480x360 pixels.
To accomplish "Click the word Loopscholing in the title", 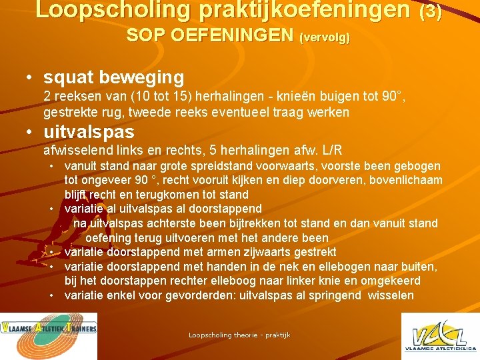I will [100, 9].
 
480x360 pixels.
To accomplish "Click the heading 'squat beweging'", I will [113, 77].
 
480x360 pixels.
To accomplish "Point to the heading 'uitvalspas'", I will [89, 131].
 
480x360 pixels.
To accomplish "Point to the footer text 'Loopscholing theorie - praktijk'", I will [239, 335].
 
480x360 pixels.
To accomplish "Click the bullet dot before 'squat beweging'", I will [30, 78].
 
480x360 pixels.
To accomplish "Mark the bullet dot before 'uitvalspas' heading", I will [30, 132].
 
